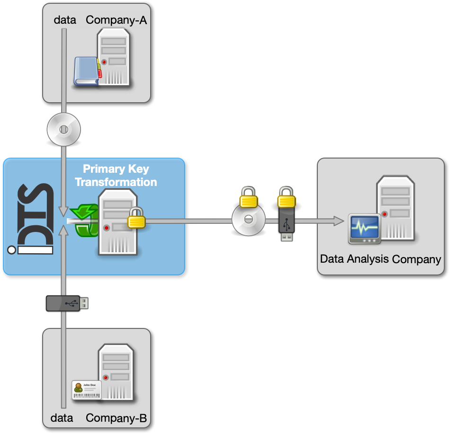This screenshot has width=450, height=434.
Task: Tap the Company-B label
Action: coord(117,418)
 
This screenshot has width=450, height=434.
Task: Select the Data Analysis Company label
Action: coord(380,259)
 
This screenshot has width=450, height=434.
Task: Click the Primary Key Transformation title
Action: coord(116,175)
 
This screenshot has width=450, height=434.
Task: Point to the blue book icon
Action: coord(87,71)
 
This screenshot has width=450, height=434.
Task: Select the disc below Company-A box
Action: coord(63,129)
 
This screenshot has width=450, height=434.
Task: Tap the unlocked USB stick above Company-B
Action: coord(67,303)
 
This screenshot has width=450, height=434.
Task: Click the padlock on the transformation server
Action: coord(136,218)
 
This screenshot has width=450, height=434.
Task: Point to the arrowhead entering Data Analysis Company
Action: coord(338,221)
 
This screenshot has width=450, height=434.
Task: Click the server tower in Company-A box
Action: coord(114,57)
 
